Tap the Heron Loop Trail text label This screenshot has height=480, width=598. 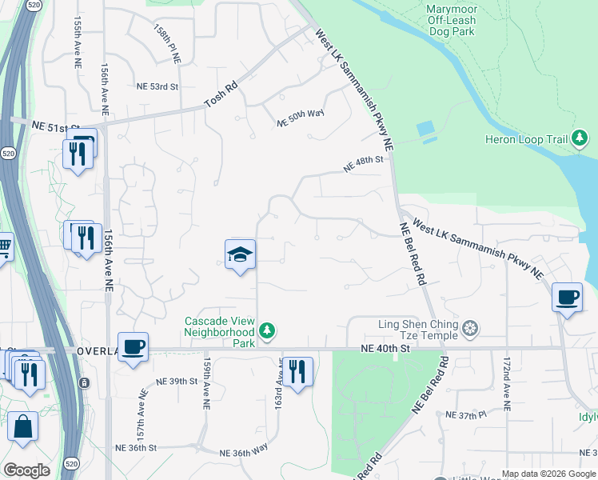(x=526, y=140)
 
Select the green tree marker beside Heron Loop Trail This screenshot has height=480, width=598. (x=581, y=140)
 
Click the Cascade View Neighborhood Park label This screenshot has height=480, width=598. (x=219, y=331)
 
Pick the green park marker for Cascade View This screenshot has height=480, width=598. (x=268, y=330)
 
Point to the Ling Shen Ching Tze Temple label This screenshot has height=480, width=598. (x=418, y=329)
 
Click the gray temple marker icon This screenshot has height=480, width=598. (x=471, y=329)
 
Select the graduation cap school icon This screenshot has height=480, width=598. (x=240, y=254)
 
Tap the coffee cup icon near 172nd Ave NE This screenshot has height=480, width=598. (x=567, y=298)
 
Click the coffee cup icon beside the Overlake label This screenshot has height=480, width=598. (x=134, y=346)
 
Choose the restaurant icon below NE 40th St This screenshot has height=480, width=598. (x=297, y=370)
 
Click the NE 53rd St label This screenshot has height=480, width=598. (x=157, y=86)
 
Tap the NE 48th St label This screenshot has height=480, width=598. (x=364, y=164)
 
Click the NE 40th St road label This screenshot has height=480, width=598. (x=385, y=348)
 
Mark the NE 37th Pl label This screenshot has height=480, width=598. (x=467, y=415)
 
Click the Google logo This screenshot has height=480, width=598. (x=26, y=470)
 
